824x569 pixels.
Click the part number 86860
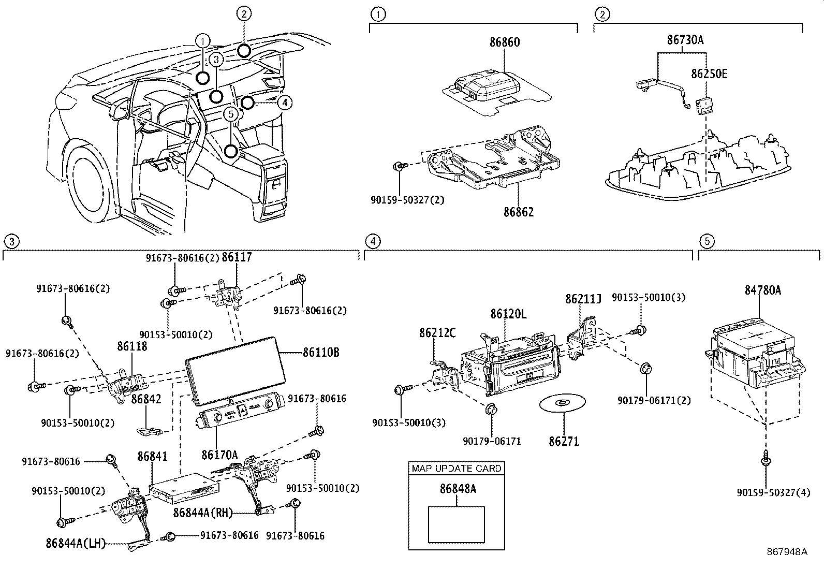click(505, 42)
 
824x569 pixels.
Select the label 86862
click(518, 212)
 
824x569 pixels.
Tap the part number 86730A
click(685, 40)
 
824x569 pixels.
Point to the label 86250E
click(709, 74)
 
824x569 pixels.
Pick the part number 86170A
click(219, 455)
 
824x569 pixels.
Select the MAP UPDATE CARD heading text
click(456, 468)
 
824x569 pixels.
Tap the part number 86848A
click(458, 488)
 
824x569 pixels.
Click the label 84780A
click(763, 291)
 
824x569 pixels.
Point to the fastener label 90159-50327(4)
click(773, 493)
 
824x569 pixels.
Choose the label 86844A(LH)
click(76, 544)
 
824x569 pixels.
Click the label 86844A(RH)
click(202, 513)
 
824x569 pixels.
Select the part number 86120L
click(508, 314)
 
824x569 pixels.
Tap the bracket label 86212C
click(437, 333)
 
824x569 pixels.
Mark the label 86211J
click(583, 299)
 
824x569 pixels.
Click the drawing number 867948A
click(787, 552)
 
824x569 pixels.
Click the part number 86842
click(146, 399)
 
